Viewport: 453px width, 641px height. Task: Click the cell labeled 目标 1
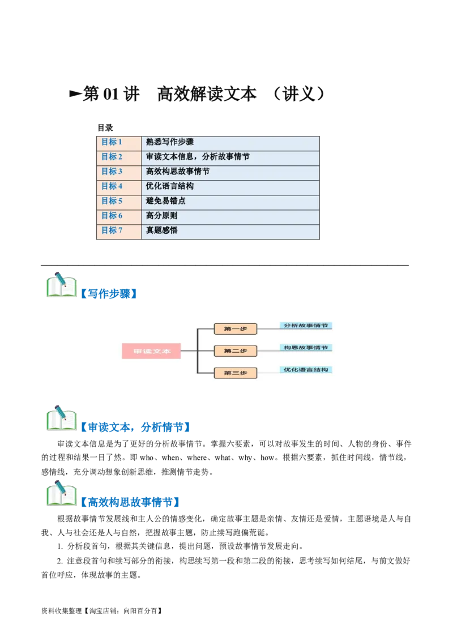(x=112, y=142)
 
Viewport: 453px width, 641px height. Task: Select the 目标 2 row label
(x=112, y=157)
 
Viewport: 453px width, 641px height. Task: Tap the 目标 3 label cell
(x=112, y=172)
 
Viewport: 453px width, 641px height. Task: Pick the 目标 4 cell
(x=112, y=186)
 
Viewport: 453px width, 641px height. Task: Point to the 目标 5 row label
(x=112, y=201)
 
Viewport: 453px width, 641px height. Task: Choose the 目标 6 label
(x=112, y=216)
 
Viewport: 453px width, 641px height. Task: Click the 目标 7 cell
(x=112, y=230)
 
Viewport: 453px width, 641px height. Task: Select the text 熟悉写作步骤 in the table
(x=170, y=142)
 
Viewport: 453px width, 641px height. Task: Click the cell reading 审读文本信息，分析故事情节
(x=198, y=157)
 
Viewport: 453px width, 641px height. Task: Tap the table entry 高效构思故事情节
(x=178, y=172)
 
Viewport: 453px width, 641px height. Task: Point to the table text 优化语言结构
(x=170, y=186)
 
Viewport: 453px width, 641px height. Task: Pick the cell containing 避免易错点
(x=166, y=201)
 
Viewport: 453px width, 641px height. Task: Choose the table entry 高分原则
(x=162, y=216)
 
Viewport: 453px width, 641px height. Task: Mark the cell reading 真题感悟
(x=162, y=230)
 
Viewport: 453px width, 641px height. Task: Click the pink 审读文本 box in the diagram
(x=151, y=351)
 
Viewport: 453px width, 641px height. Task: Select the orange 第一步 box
(x=236, y=328)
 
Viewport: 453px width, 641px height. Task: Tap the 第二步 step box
(x=236, y=351)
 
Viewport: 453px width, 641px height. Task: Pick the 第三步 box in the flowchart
(x=236, y=373)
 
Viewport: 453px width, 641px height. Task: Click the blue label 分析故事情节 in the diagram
(x=306, y=326)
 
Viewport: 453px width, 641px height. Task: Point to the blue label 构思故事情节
(x=306, y=348)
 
